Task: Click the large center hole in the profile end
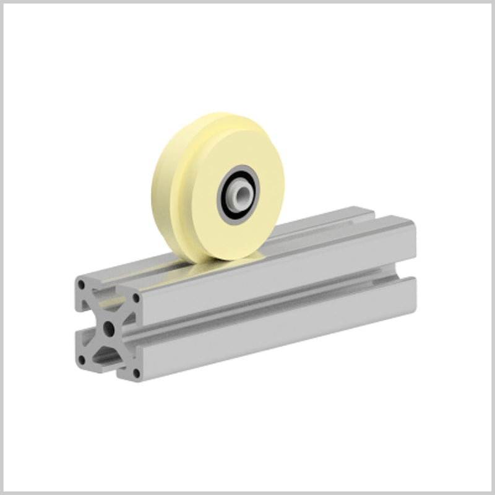[x=108, y=325]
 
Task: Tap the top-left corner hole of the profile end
[x=82, y=285]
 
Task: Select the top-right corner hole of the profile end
[x=136, y=304]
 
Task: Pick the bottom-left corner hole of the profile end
[x=82, y=357]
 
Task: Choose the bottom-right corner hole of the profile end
[x=136, y=373]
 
